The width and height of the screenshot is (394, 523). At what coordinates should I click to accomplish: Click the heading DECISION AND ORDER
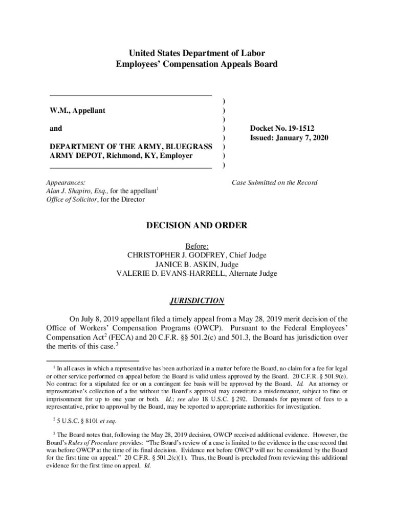pos(197,225)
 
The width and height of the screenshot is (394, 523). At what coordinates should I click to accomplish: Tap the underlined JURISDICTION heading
pos(197,301)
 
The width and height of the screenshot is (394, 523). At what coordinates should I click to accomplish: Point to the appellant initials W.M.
pos(59,111)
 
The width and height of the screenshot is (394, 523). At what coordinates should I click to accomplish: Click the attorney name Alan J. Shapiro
pos(68,191)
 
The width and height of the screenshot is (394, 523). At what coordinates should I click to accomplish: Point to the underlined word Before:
pos(197,246)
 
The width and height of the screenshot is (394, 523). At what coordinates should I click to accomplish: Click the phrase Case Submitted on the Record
pos(274,182)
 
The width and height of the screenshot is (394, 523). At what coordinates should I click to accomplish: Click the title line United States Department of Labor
pos(197,53)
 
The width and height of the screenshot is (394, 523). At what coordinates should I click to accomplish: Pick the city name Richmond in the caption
pos(121,156)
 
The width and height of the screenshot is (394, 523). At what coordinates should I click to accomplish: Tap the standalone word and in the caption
pos(56,129)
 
